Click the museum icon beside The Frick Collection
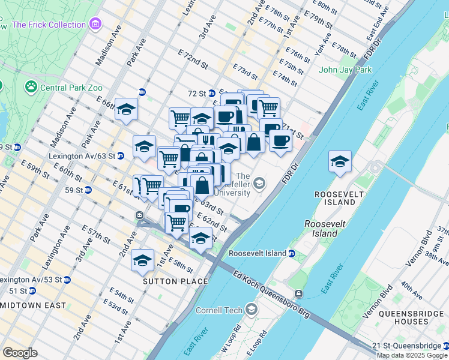(x=95, y=25)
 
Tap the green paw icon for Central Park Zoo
(x=31, y=88)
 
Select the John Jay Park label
(x=346, y=70)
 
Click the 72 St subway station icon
(x=211, y=94)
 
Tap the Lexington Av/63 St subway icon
(x=120, y=155)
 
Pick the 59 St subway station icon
(x=88, y=190)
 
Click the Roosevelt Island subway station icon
(x=291, y=253)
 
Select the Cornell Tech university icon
(x=251, y=310)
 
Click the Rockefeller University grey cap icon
(x=259, y=184)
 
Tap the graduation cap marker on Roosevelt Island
(x=340, y=162)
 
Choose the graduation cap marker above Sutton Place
(x=142, y=260)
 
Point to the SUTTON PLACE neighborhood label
(x=175, y=281)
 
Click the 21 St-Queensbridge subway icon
(x=445, y=346)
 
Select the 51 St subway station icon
(x=32, y=291)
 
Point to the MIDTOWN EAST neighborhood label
(x=33, y=305)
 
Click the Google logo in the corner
(x=20, y=352)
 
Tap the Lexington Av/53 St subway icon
(x=67, y=280)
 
